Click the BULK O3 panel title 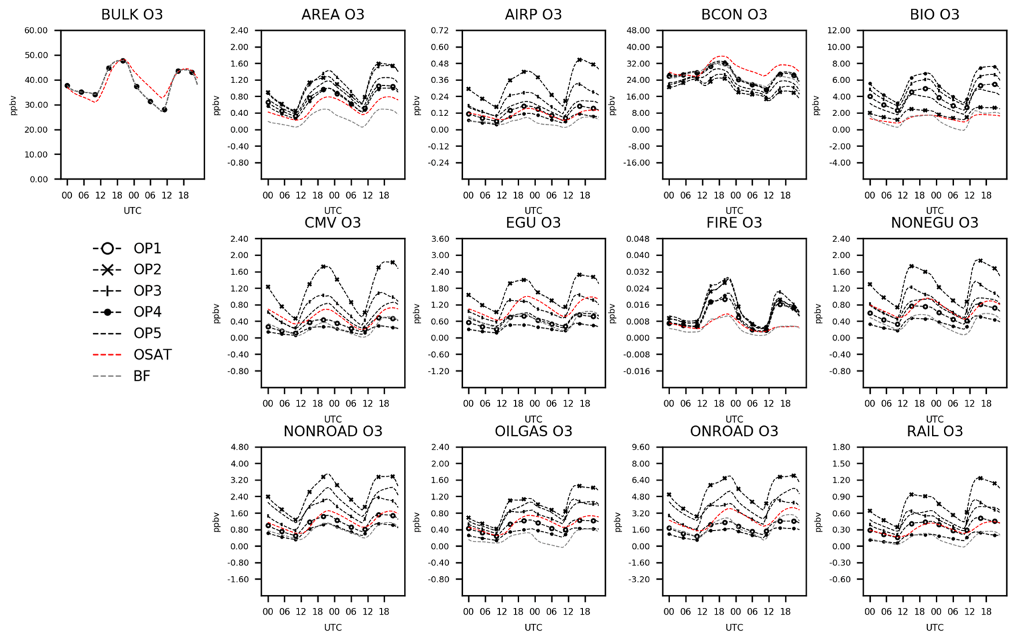click(131, 14)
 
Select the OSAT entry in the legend click(152, 355)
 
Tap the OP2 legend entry click(147, 270)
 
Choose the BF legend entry click(142, 376)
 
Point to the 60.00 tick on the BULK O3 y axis click(36, 31)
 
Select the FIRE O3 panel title click(734, 223)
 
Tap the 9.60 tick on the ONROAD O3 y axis click(641, 447)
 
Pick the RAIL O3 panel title click(934, 431)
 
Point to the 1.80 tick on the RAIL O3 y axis click(843, 447)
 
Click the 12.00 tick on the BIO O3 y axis click(839, 31)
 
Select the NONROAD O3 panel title click(333, 431)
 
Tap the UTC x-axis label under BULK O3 click(132, 211)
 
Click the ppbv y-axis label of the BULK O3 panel click(13, 105)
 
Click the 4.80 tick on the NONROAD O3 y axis click(239, 447)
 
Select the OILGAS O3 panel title click(533, 431)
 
